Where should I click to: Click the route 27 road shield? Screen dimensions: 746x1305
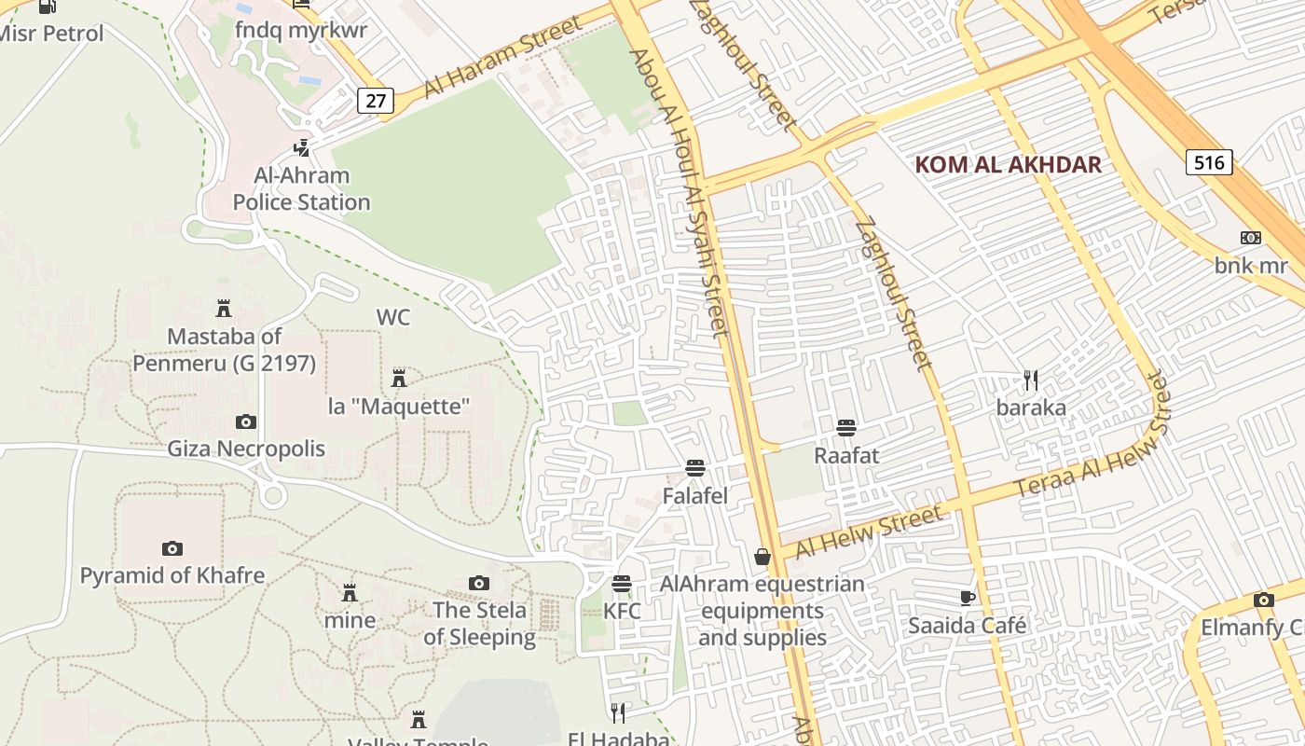tap(375, 101)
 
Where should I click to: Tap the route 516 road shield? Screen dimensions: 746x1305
tap(1209, 162)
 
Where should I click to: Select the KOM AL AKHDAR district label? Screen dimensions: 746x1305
tap(1008, 165)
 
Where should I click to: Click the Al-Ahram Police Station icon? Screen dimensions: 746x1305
tap(301, 147)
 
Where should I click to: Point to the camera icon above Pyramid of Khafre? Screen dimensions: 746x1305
tap(172, 548)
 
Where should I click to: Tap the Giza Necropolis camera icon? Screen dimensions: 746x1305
tap(246, 421)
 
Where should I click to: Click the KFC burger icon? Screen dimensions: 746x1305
tap(622, 584)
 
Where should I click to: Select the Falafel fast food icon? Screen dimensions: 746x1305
tap(694, 468)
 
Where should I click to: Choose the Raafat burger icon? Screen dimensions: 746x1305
tap(846, 428)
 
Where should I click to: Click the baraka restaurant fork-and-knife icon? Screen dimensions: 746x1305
tap(1031, 380)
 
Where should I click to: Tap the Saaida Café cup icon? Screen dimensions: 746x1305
tap(968, 598)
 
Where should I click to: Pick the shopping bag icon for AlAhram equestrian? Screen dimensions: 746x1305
tap(762, 557)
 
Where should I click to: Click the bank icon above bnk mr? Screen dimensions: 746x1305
tap(1251, 238)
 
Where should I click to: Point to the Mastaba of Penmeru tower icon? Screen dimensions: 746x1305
tap(224, 308)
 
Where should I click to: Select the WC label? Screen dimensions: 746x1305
tap(392, 317)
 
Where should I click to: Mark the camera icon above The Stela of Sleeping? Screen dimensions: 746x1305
tap(479, 583)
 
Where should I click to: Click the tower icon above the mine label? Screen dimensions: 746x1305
tap(350, 592)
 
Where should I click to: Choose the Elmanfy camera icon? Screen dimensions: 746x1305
tap(1264, 600)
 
